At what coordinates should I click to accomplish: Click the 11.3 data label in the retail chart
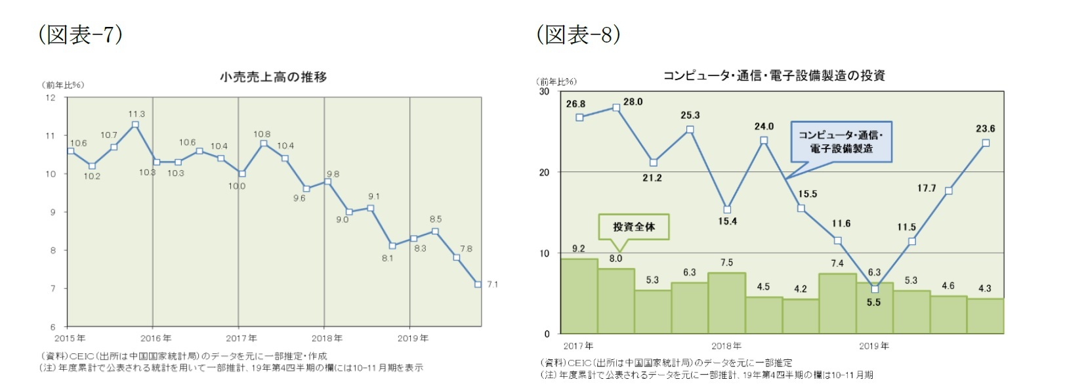pyautogui.click(x=136, y=114)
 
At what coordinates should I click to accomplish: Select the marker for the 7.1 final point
pyautogui.click(x=478, y=284)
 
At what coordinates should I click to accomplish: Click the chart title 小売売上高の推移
pyautogui.click(x=273, y=77)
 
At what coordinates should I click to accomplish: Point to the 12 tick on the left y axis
pyautogui.click(x=51, y=98)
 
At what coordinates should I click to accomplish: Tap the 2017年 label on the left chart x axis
pyautogui.click(x=241, y=338)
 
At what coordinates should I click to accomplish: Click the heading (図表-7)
pyautogui.click(x=81, y=34)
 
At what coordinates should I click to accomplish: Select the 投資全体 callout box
pyautogui.click(x=633, y=227)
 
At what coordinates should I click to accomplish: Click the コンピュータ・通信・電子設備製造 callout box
pyautogui.click(x=841, y=141)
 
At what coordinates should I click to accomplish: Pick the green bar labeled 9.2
pyautogui.click(x=579, y=295)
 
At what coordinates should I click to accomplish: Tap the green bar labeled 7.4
pyautogui.click(x=837, y=303)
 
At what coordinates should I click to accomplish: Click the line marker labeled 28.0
pyautogui.click(x=616, y=107)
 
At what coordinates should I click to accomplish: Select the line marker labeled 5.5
pyautogui.click(x=875, y=289)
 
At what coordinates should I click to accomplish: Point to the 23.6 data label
pyautogui.click(x=985, y=129)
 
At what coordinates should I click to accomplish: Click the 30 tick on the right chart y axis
pyautogui.click(x=544, y=91)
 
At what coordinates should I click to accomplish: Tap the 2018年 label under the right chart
pyautogui.click(x=726, y=345)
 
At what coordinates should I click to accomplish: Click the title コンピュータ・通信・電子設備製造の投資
pyautogui.click(x=774, y=76)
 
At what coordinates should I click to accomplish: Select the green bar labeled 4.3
pyautogui.click(x=985, y=316)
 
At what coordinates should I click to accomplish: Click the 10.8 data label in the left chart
pyautogui.click(x=262, y=134)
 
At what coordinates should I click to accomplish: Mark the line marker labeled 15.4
pyautogui.click(x=727, y=209)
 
